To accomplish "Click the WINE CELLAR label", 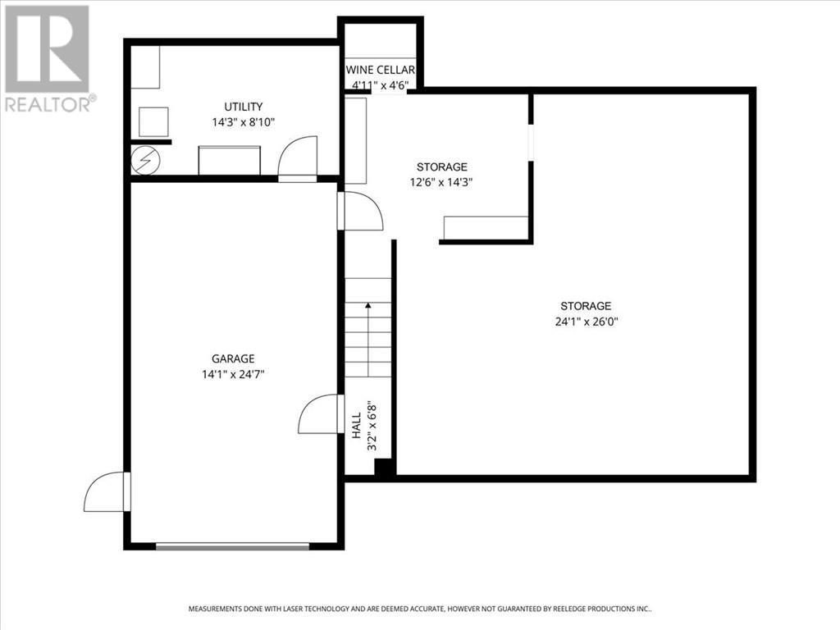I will tap(380, 71).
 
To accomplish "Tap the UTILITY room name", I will tap(244, 107).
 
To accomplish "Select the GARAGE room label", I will tap(233, 358).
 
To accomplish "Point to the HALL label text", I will tap(357, 426).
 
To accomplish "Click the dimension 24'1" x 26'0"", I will tap(586, 322).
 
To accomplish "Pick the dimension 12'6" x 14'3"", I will tap(442, 182).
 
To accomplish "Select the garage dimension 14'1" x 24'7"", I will tap(233, 374).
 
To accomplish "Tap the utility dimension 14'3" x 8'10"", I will tap(244, 122).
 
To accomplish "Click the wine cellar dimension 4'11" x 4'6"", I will tap(380, 84).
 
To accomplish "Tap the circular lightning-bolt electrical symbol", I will tap(144, 160).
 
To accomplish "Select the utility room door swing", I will tap(297, 157).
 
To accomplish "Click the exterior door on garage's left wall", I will tap(105, 491).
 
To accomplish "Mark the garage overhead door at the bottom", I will tap(233, 546).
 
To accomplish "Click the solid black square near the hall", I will tap(384, 468).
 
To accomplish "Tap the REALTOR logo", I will tap(48, 57).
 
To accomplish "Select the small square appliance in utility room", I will tap(153, 122).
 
